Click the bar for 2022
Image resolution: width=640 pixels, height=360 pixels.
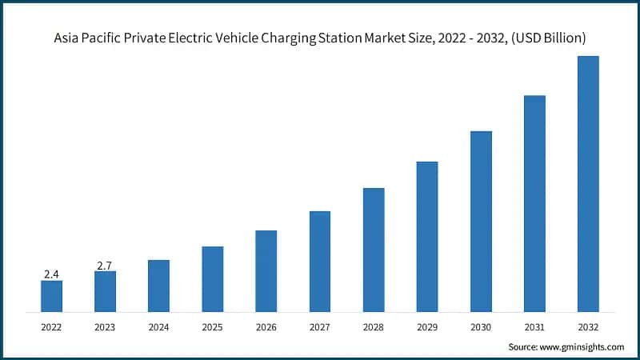51,296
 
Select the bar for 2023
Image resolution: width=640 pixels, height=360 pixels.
105,291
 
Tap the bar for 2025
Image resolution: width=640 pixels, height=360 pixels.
212,278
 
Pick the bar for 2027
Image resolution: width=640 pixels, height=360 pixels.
320,261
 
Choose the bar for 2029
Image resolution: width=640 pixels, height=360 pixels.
427,236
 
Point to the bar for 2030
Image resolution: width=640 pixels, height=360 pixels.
481,221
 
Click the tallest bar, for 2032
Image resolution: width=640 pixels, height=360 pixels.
588,184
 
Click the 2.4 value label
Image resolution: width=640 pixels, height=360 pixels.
51,274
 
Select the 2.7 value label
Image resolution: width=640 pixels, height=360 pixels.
105,265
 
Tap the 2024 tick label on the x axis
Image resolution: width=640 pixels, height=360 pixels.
158,327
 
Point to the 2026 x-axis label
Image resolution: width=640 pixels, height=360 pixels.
266,327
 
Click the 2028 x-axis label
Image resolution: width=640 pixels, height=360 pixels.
374,327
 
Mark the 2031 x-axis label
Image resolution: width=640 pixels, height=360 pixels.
534,327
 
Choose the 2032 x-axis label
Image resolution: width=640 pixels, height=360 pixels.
588,327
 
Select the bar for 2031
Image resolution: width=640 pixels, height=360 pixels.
534,203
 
